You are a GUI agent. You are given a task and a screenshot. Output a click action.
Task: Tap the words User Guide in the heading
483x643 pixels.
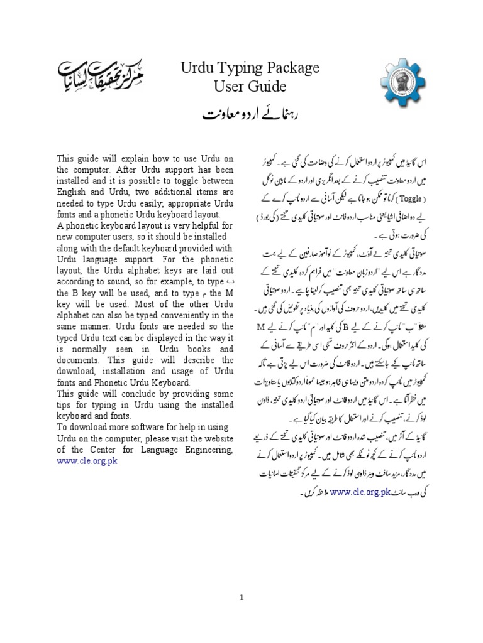coord(241,86)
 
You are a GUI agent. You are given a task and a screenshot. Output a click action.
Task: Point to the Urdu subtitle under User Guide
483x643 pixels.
coord(241,114)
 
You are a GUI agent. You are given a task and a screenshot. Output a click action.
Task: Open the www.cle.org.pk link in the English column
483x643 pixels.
coord(87,460)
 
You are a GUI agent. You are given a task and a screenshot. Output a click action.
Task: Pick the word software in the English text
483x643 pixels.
coord(150,427)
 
